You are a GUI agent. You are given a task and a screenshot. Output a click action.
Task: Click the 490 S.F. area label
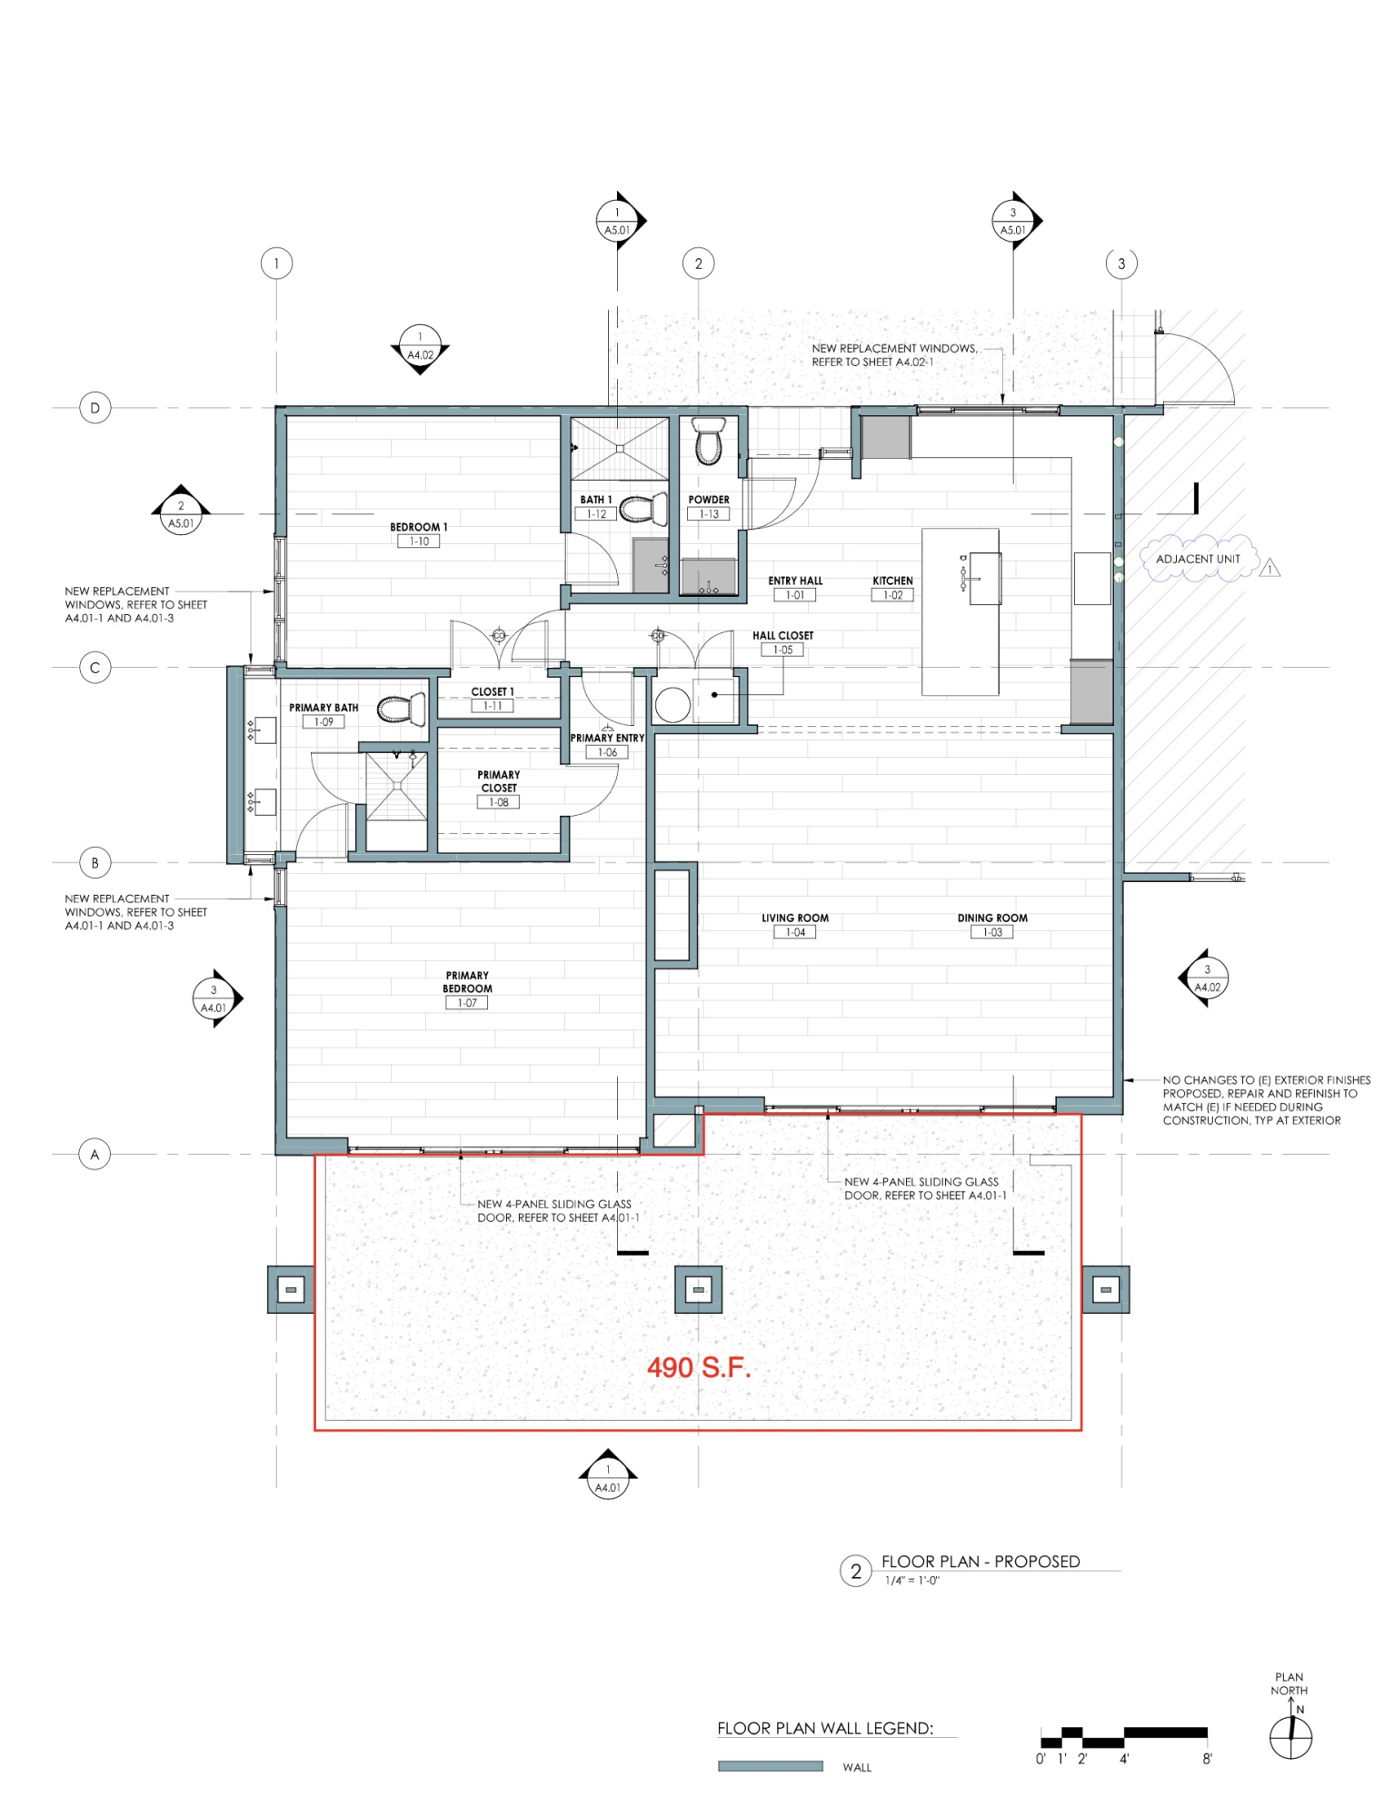[699, 1367]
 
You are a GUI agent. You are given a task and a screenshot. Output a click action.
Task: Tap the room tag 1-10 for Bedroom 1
[419, 541]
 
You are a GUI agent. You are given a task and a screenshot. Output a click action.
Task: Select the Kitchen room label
[892, 581]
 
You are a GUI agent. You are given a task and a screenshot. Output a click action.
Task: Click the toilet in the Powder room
[708, 441]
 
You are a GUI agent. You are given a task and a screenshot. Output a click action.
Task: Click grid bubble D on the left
[95, 408]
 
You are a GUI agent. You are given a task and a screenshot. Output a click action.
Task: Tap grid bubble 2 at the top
[698, 263]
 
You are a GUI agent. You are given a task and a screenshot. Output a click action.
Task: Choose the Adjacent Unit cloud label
[1198, 559]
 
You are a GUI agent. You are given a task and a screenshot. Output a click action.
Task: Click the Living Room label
[795, 918]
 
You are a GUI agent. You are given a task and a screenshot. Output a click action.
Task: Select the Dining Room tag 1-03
[992, 932]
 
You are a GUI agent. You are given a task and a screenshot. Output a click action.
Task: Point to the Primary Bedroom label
[467, 982]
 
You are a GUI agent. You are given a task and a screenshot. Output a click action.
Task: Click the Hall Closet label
[782, 636]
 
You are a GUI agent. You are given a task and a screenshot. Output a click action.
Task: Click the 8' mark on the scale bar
[1207, 1759]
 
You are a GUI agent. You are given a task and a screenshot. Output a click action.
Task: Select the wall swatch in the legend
[771, 1766]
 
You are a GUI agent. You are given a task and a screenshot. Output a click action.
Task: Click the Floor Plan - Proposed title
[981, 1562]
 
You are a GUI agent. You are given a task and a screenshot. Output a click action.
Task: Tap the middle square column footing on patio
[698, 1289]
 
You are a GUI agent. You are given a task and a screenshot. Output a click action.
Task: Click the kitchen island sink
[985, 579]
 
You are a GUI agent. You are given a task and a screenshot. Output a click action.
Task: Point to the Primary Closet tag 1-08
[498, 802]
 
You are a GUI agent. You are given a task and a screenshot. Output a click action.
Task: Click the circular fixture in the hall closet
[672, 705]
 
